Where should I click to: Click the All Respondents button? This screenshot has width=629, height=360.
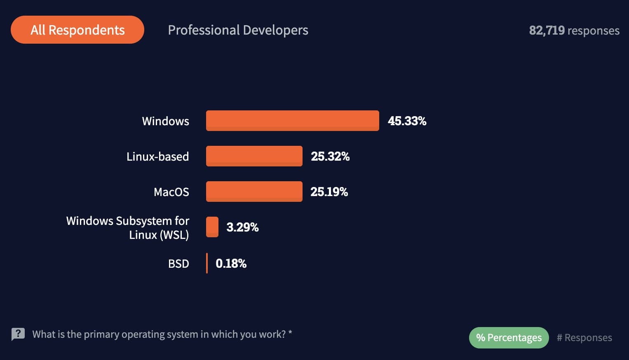coord(77,30)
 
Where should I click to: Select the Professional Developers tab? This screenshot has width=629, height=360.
coord(238,30)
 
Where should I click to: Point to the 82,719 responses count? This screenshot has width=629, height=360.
coord(574,30)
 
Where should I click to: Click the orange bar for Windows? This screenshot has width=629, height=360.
coord(292,121)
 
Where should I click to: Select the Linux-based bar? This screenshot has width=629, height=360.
coord(254,156)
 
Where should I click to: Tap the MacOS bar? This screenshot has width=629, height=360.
coord(254,192)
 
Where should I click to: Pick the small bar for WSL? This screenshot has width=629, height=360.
coord(212,227)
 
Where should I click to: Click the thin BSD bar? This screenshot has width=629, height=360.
coord(207,263)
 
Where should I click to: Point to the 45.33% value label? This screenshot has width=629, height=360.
coord(407,121)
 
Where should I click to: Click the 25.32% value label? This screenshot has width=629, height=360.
coord(330,156)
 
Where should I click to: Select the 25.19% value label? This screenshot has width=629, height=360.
coord(329,192)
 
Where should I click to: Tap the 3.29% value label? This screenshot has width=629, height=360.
coord(242,227)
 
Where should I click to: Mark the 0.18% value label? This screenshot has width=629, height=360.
coord(231,263)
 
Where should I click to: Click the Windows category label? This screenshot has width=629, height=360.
coord(165,121)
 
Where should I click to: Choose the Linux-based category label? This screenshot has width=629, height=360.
coord(157,157)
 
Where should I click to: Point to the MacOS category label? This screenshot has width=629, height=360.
coord(171,192)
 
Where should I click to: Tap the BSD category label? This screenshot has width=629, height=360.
coord(178,264)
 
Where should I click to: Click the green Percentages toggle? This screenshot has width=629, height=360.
coord(509,338)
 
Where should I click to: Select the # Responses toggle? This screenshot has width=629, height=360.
coord(584,338)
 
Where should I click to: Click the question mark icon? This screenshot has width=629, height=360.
coord(18,334)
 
